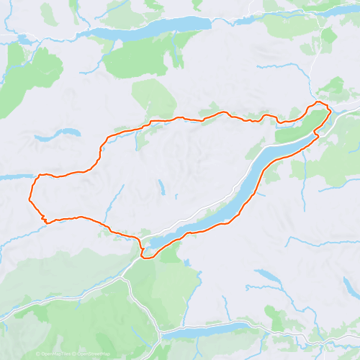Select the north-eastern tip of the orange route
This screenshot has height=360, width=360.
(328, 107)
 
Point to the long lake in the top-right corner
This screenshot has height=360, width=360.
(324, 13)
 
